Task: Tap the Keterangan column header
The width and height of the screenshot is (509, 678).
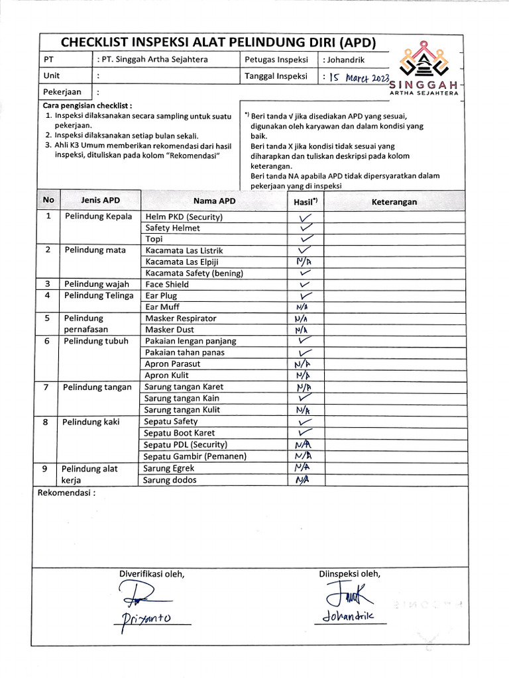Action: tap(394, 202)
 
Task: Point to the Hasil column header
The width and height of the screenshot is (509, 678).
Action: tap(305, 201)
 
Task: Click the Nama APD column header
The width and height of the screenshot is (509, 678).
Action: tap(214, 201)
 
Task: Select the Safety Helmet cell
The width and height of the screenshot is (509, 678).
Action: tap(173, 228)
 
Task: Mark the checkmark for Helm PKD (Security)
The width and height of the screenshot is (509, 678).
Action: tap(305, 217)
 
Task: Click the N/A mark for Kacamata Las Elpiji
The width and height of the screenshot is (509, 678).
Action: tap(304, 262)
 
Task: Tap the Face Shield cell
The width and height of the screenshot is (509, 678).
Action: tap(167, 285)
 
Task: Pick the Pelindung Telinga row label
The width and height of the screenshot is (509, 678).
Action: tap(99, 295)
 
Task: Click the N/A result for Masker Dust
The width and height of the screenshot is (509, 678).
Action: tap(302, 330)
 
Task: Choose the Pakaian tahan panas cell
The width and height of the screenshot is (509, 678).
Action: tap(185, 353)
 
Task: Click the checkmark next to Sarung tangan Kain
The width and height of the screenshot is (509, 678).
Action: tap(305, 398)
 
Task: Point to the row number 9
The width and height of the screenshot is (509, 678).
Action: tap(45, 469)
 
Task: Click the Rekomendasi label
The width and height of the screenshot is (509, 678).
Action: tap(66, 493)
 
